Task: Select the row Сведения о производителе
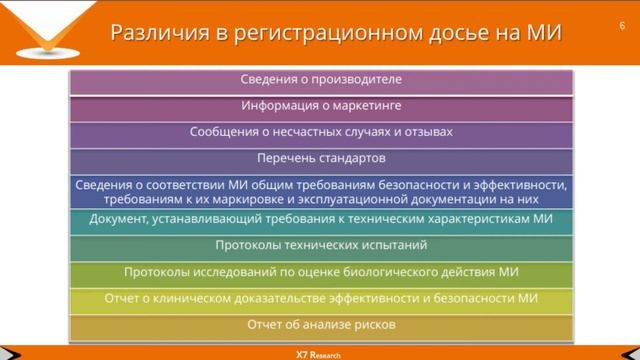pyautogui.click(x=321, y=80)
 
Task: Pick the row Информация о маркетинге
pyautogui.click(x=321, y=106)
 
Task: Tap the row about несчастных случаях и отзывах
pyautogui.click(x=321, y=132)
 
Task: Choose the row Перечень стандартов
pyautogui.click(x=321, y=158)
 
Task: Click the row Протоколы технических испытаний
pyautogui.click(x=321, y=245)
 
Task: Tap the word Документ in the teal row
pyautogui.click(x=119, y=219)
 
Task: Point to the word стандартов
pyautogui.click(x=351, y=158)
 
